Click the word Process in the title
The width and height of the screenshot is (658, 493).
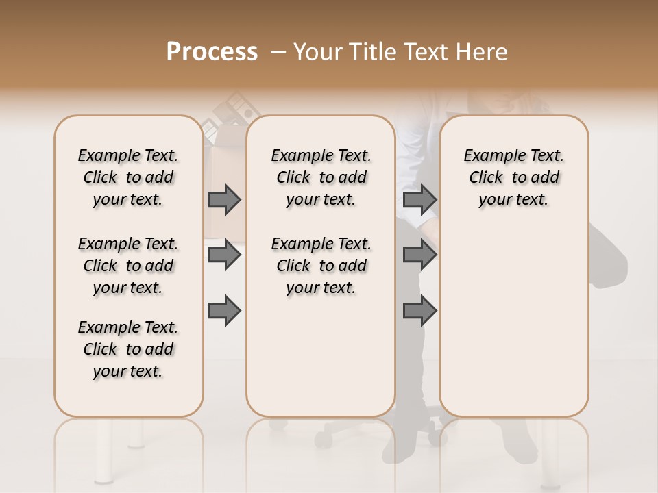tap(212, 52)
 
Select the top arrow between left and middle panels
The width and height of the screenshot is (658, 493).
tap(224, 200)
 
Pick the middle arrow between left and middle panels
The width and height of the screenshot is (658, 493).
tap(224, 255)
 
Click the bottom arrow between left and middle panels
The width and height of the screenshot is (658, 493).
tap(224, 312)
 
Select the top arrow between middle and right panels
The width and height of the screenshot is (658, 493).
tap(419, 200)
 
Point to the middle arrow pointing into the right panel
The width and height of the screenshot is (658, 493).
tap(419, 255)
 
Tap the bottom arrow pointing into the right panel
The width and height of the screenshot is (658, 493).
tap(419, 312)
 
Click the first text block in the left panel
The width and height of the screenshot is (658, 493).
tap(128, 177)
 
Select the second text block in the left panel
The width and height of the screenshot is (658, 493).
tap(128, 266)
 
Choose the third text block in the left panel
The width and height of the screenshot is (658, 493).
tap(128, 349)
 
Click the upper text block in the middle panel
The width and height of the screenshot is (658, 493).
tap(321, 177)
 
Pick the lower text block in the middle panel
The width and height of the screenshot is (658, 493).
tap(321, 266)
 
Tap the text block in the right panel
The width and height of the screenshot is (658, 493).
tap(513, 177)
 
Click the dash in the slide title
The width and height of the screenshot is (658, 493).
tap(278, 52)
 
